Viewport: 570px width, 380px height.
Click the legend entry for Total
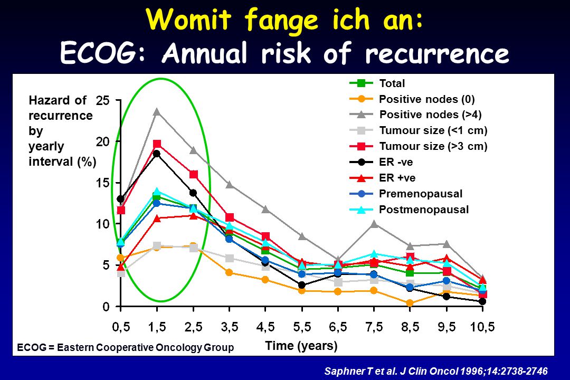(x=377, y=83)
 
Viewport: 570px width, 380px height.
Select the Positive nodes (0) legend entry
(x=412, y=99)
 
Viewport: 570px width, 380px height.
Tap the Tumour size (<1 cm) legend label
(x=433, y=130)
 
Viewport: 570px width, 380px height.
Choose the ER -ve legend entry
(x=382, y=162)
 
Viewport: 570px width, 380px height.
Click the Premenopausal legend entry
(x=406, y=194)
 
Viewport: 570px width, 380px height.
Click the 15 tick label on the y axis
(x=103, y=183)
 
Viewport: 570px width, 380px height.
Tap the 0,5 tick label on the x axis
(x=121, y=327)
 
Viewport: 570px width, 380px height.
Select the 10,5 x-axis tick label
(x=482, y=327)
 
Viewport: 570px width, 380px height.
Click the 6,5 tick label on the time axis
(x=338, y=327)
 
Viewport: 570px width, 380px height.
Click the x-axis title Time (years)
(x=301, y=346)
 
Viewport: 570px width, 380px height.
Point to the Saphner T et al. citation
(x=436, y=371)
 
